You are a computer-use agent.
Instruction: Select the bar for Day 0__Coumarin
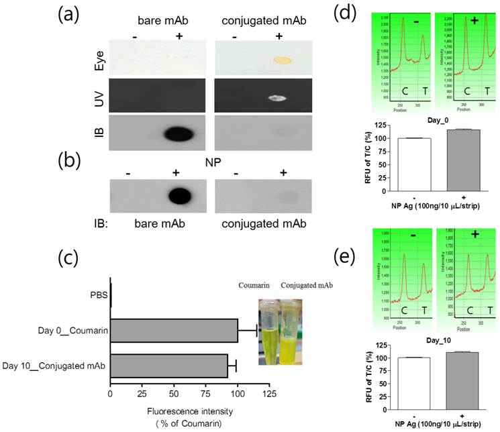coord(174,331)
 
